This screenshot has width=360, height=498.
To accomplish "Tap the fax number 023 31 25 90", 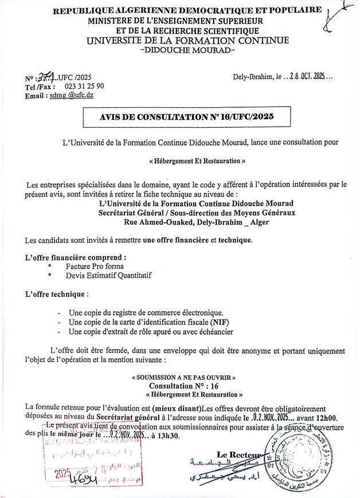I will pos(80,87).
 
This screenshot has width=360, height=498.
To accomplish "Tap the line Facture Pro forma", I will pos(94,268).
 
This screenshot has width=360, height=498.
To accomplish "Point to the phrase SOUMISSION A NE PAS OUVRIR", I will pos(183,379).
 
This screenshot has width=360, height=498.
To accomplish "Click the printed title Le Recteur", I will pos(237,454).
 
